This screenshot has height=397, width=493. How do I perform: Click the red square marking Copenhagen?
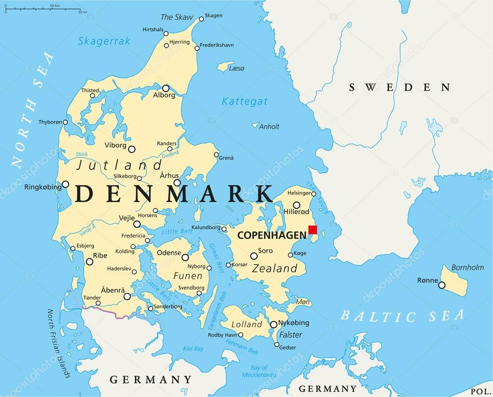coord(312,230)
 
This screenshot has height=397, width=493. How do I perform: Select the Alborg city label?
coord(164,95)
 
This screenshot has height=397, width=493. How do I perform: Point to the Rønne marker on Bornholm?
coord(441,285)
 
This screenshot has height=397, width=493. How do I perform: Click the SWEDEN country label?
coord(400,87)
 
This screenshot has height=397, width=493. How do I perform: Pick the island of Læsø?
coord(225,67)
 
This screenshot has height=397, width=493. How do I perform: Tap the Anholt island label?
coord(269,127)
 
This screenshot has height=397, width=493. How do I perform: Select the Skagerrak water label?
coord(104,41)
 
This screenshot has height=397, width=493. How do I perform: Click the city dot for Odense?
coord(185,257)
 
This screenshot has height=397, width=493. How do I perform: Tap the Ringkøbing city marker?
coord(65,184)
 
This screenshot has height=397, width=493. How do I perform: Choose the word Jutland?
coord(119,166)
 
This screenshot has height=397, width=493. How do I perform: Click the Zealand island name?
coord(275,268)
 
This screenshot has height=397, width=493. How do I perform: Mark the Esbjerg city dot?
coord(73,248)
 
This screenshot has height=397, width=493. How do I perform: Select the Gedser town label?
coord(287,347)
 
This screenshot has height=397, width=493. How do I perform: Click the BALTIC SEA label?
coord(402,316)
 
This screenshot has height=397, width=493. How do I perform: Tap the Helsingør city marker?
coord(313,194)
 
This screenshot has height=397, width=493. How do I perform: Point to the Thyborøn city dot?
coord(65,122)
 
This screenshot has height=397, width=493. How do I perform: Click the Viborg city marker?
coord(131,149)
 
